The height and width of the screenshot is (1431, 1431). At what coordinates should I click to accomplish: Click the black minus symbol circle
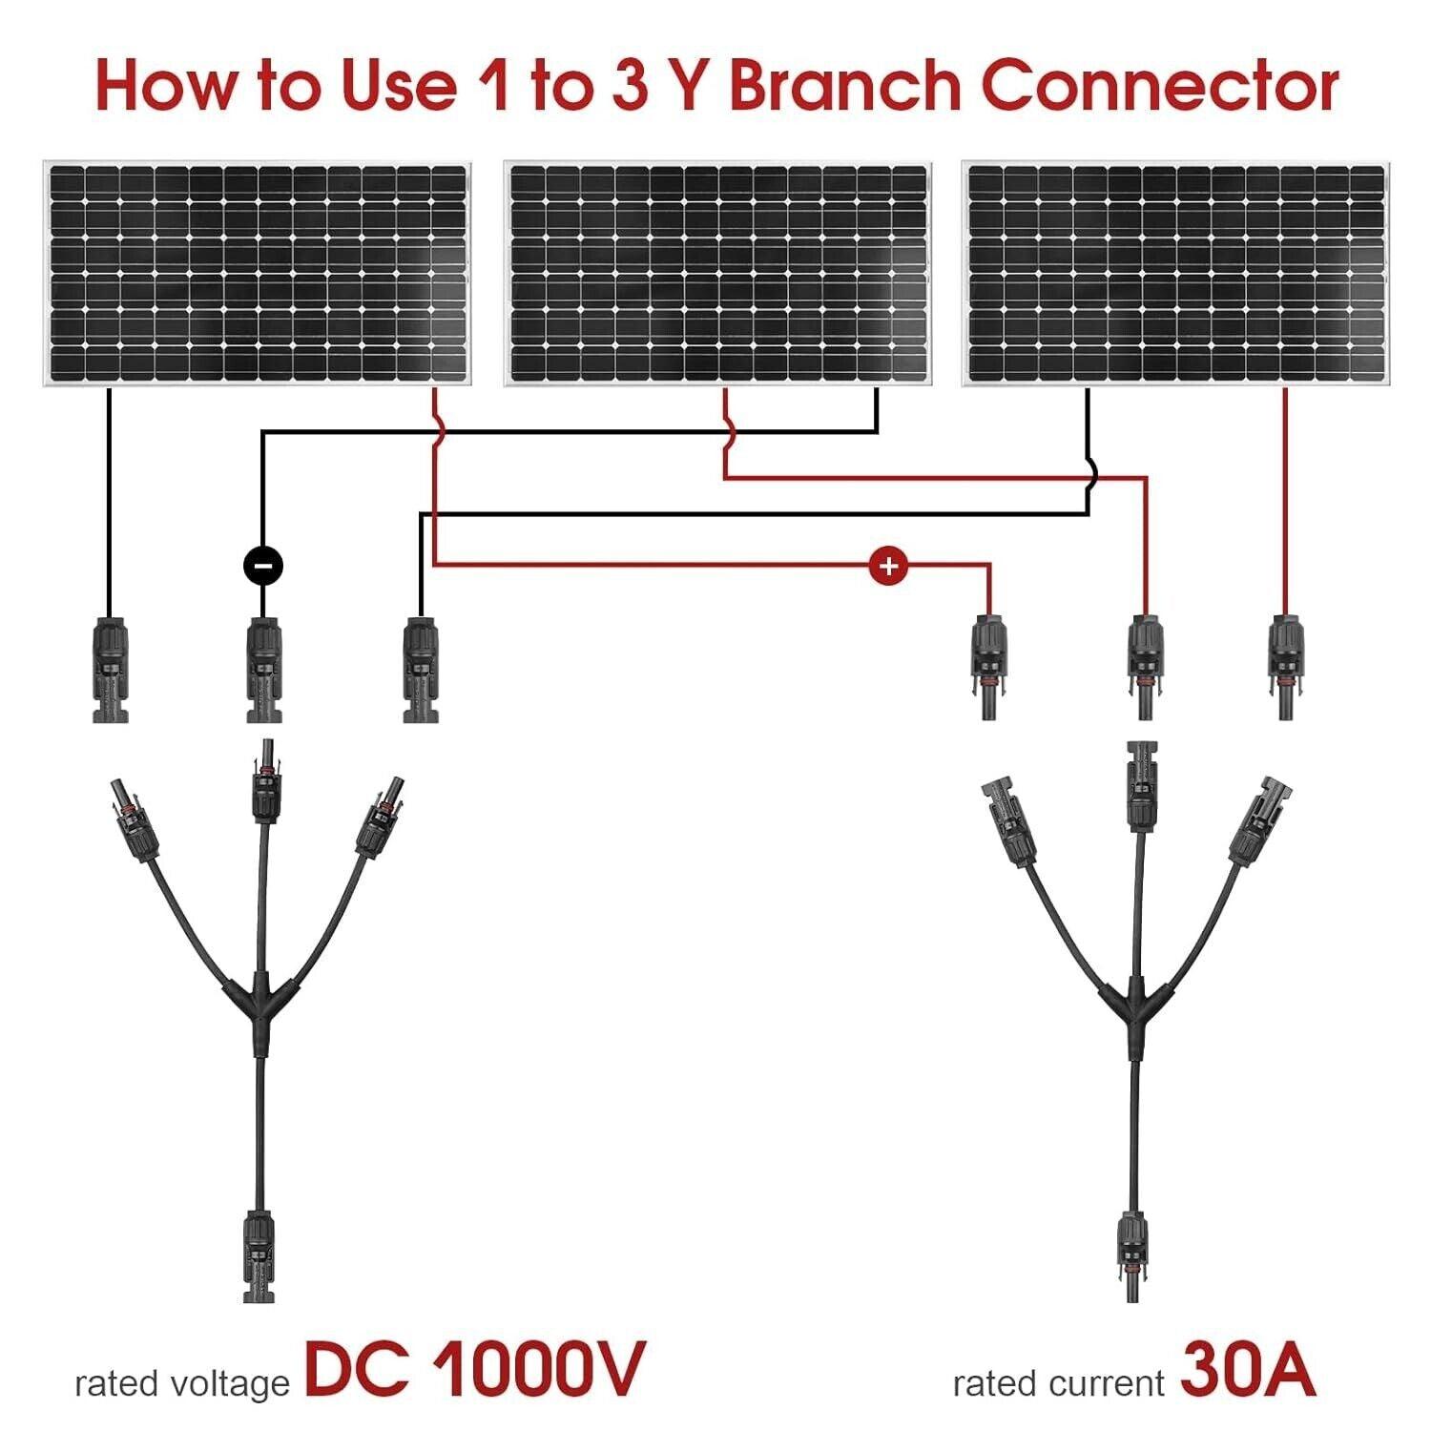click(x=262, y=566)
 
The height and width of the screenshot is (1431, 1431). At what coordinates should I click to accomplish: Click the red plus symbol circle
click(x=888, y=566)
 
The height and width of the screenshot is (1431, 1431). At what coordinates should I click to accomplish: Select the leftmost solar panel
click(x=258, y=274)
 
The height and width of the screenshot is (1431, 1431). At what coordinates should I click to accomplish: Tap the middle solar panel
click(x=717, y=274)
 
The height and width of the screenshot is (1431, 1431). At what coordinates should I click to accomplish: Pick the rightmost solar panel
click(x=1176, y=274)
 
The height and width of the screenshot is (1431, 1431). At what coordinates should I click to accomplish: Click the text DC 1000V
click(x=474, y=1369)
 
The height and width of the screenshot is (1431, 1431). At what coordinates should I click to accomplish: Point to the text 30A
click(x=1248, y=1369)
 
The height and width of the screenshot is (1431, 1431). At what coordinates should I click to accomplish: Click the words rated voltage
click(x=181, y=1382)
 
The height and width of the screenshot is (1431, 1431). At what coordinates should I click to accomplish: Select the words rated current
click(x=1058, y=1382)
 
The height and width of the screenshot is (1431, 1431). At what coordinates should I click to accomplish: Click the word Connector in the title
click(x=1159, y=86)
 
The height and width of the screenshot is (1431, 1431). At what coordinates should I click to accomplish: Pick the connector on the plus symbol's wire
click(x=989, y=668)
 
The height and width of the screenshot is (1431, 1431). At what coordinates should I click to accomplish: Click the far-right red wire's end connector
click(x=1285, y=668)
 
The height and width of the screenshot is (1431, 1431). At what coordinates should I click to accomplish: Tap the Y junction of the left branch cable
click(x=259, y=1002)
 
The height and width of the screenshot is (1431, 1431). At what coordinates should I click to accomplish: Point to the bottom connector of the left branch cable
click(x=259, y=1255)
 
